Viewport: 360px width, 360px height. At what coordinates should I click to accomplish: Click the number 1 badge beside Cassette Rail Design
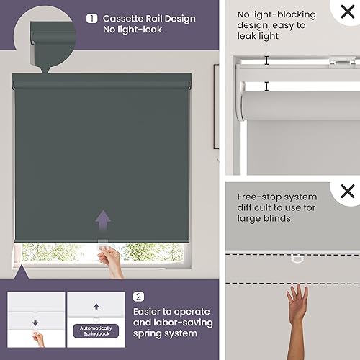pyautogui.click(x=91, y=19)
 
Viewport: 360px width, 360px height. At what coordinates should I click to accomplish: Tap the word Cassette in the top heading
pyautogui.click(x=120, y=19)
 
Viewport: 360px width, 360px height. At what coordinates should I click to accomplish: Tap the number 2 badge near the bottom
pyautogui.click(x=139, y=296)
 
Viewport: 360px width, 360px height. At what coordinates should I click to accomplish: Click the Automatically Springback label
pyautogui.click(x=96, y=331)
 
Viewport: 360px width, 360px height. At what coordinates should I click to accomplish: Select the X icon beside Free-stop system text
pyautogui.click(x=348, y=192)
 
